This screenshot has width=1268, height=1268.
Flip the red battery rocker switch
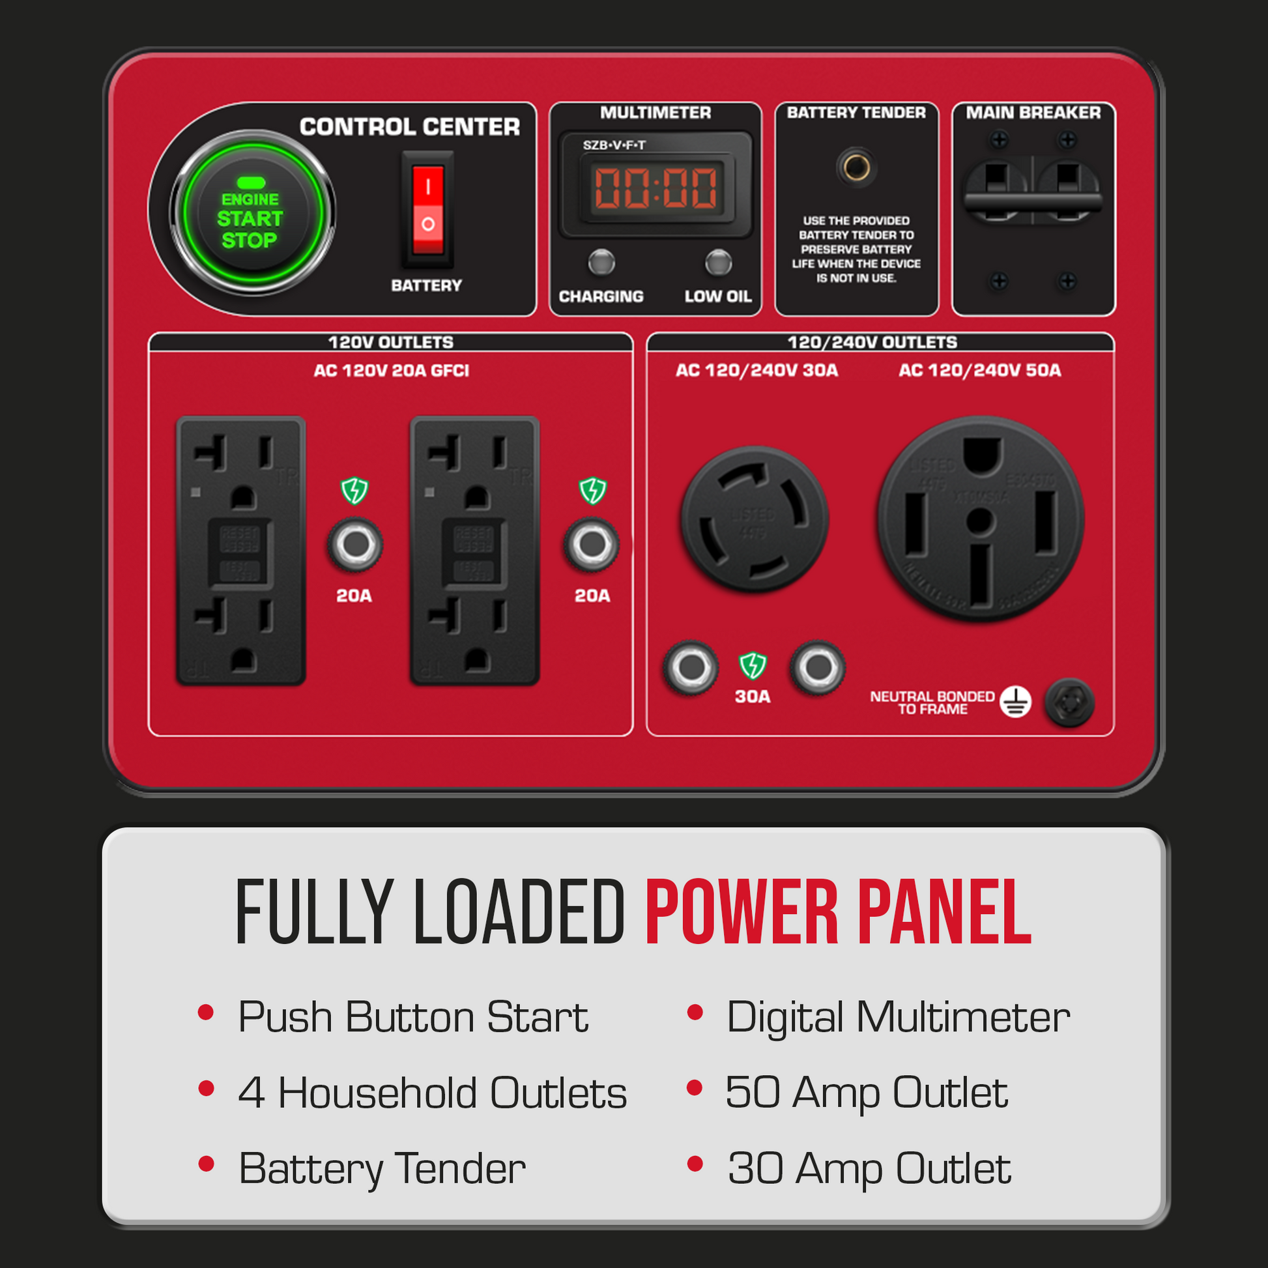point(427,209)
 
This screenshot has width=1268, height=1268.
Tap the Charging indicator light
point(601,263)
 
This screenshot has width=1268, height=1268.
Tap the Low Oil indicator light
point(718,263)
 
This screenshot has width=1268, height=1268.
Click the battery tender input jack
point(856,167)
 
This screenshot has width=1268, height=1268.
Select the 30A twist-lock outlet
point(755,519)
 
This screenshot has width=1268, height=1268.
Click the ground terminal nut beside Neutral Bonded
point(1069,702)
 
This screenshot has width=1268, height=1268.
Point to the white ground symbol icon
point(1015,702)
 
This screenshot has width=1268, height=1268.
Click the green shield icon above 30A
point(753,665)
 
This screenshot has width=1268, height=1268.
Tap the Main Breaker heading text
point(1033,113)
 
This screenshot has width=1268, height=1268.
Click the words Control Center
point(410,126)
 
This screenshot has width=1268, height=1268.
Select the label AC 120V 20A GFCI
point(391,371)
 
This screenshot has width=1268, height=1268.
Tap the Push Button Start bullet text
point(413,1017)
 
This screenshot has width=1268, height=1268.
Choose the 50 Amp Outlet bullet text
point(867,1093)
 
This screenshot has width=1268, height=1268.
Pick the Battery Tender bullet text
point(382,1169)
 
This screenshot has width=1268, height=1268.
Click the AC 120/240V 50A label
point(979,370)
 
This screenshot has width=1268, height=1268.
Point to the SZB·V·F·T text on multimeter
point(614,145)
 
